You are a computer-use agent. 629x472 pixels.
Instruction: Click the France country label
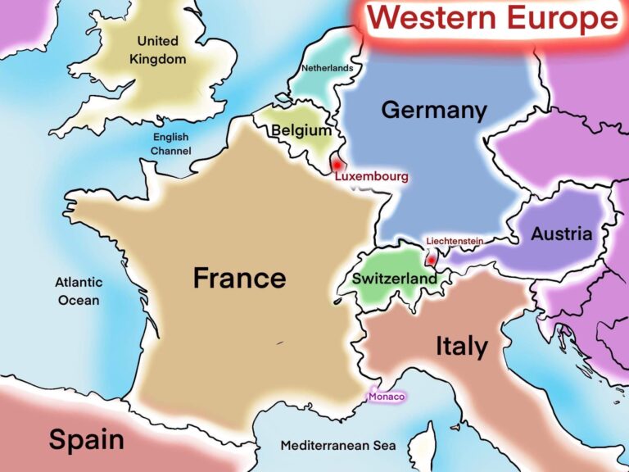[x=239, y=278]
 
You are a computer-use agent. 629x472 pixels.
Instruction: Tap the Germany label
[x=433, y=110]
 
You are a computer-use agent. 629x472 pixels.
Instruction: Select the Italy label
[x=461, y=347]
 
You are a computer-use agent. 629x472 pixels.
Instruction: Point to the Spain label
[x=86, y=440]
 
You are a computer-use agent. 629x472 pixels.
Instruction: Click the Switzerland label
[x=394, y=279]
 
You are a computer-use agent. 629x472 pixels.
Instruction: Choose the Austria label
[x=561, y=234]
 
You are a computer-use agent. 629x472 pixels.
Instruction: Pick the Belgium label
[x=301, y=130]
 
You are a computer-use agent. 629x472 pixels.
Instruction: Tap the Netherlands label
[x=328, y=68]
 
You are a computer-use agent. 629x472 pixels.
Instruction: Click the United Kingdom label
[x=157, y=50]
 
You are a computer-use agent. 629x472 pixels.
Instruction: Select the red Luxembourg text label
[x=371, y=176]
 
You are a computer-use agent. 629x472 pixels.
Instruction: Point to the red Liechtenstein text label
[x=454, y=241]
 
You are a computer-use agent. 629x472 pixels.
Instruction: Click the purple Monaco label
[x=387, y=397]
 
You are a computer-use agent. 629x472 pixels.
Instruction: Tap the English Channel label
[x=170, y=144]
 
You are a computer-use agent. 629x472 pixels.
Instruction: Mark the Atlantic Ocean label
[x=79, y=291]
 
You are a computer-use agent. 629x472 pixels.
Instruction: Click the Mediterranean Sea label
[x=337, y=446]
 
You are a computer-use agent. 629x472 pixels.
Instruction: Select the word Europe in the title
[x=565, y=18]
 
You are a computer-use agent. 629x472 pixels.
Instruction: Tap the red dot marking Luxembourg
[x=336, y=165]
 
